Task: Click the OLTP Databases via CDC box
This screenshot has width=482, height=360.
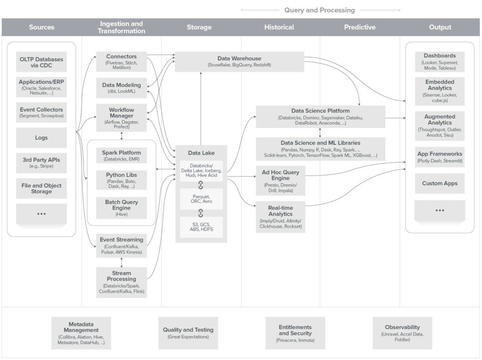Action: tap(41, 62)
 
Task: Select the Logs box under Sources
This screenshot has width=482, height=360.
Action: tap(41, 138)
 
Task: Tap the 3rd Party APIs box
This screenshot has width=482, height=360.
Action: tap(41, 163)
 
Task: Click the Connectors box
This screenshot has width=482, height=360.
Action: tap(121, 62)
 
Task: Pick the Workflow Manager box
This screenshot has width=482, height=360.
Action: tap(121, 118)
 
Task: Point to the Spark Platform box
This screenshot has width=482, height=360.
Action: tap(121, 156)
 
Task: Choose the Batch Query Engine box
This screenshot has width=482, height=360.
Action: tap(121, 208)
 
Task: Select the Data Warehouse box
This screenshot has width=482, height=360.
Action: tap(239, 62)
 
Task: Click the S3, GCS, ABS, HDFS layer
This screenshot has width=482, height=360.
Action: tap(201, 227)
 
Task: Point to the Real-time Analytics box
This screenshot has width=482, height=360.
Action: tap(280, 216)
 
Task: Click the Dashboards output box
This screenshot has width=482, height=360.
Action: tap(440, 62)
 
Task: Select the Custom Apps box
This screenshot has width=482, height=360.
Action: tap(440, 184)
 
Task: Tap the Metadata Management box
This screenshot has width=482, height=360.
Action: tap(81, 333)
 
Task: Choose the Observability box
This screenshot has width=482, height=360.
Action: tap(402, 333)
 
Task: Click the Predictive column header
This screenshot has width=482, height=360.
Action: tap(360, 27)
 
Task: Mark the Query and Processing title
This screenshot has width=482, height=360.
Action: tap(320, 10)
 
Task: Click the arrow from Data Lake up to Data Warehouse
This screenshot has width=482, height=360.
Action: tap(201, 108)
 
